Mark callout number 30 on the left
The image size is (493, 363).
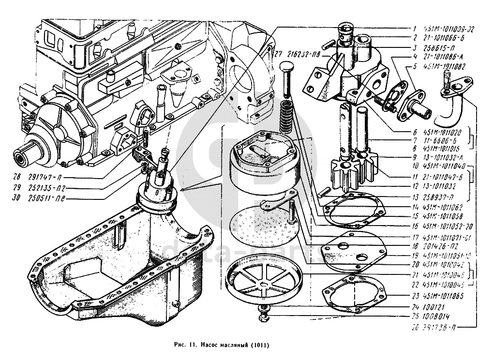pos(17,197)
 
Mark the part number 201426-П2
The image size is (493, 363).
pos(441,246)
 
